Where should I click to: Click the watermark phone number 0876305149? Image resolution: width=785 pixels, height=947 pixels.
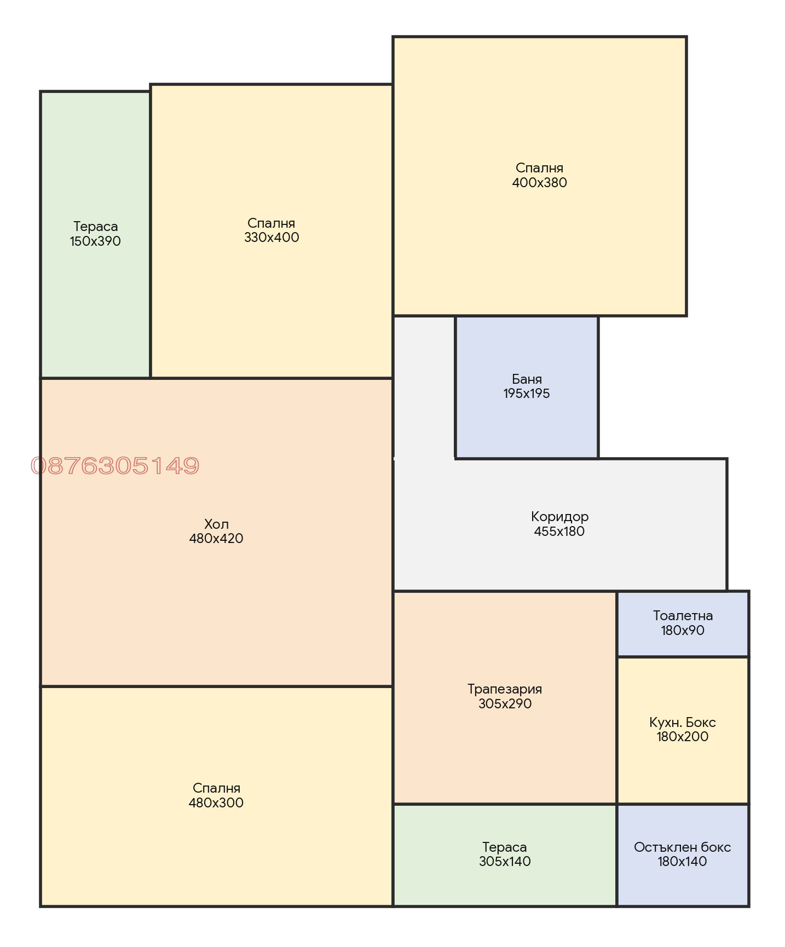coord(115,466)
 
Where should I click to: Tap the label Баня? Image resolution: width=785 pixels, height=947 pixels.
coord(527,379)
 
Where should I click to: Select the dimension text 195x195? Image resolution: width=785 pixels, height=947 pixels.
coord(527,394)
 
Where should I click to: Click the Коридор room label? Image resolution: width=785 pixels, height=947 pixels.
coord(559,517)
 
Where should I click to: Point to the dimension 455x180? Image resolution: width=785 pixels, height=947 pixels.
coord(559,532)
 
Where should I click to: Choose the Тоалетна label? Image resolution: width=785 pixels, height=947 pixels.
coord(683,616)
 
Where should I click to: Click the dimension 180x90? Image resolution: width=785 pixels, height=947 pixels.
coord(683,631)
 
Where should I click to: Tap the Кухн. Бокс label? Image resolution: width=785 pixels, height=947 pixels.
coord(683,723)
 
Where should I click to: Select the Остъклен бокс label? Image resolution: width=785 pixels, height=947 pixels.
coord(683,847)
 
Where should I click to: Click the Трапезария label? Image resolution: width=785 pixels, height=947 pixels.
coord(505,689)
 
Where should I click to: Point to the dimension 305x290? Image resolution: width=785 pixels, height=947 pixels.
coord(505,704)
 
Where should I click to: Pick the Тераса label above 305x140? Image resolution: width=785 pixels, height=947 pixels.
coord(505,847)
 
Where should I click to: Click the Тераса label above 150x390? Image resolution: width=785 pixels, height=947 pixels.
coord(95,227)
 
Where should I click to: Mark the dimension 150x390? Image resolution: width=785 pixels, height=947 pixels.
coord(95,241)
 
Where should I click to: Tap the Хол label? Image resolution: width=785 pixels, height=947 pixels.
coord(216,524)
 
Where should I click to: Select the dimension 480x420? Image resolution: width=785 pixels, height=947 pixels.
coord(216,539)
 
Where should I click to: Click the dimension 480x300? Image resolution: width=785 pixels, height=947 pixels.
coord(216,803)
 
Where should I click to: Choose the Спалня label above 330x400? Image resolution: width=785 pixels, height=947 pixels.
coord(272,223)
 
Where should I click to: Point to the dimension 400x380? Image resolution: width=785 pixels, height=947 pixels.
coord(540,183)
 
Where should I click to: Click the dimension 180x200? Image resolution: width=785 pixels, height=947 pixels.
coord(683,737)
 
